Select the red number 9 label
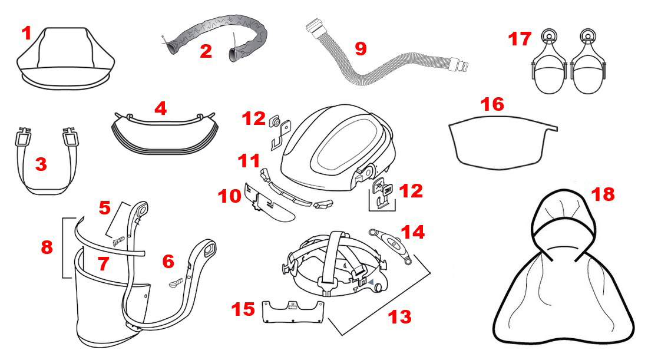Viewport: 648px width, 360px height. click(x=361, y=48)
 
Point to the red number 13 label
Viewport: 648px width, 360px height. click(x=399, y=317)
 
